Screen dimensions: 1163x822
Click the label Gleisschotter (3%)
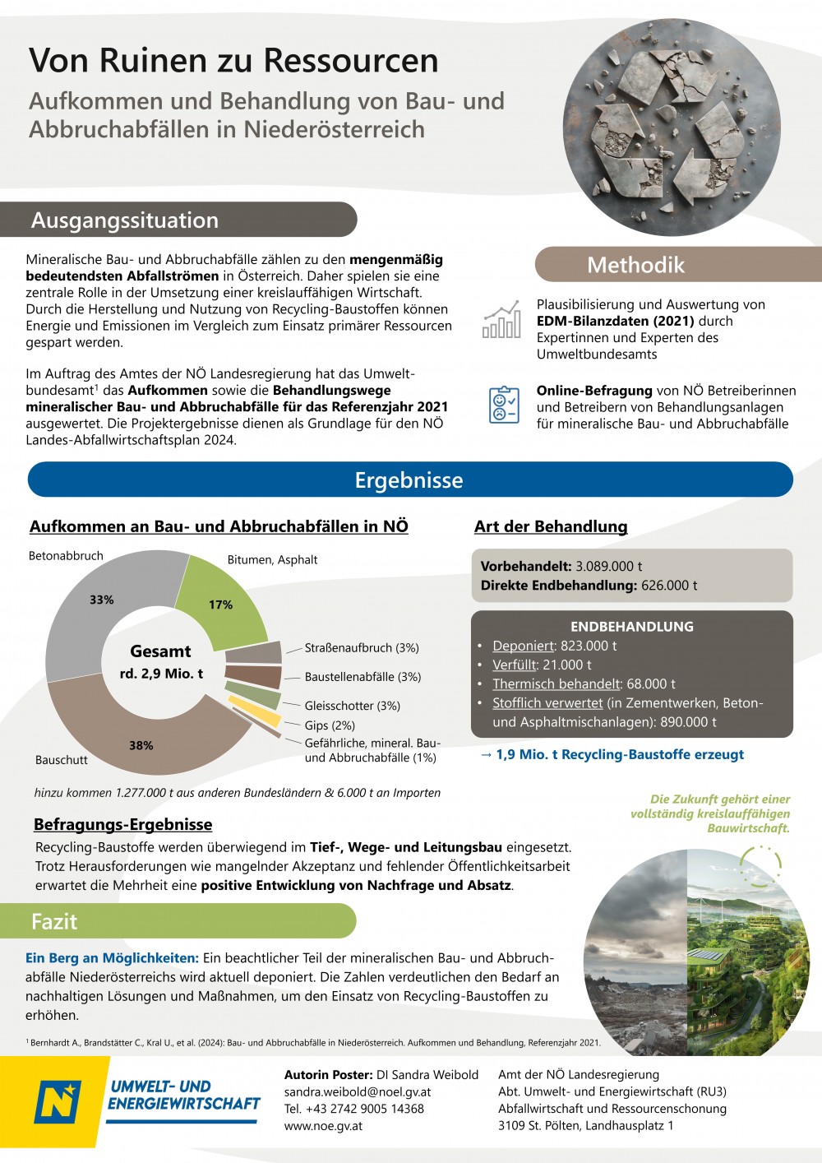pos(352,706)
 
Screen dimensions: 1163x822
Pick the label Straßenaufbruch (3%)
pos(362,648)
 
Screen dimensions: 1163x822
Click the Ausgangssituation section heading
pos(125,220)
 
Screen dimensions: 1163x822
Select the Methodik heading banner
pos(635,265)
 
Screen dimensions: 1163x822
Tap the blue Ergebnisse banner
pos(409,480)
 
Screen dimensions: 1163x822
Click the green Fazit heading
pos(54,921)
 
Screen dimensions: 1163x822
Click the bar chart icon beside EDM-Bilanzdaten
pos(501,320)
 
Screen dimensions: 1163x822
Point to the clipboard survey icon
pos(503,405)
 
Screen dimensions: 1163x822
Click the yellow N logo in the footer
pos(58,1101)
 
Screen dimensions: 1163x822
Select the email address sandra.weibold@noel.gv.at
pos(358,1092)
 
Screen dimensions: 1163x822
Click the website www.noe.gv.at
pos(323,1126)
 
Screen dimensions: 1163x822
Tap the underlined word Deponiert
pos(524,646)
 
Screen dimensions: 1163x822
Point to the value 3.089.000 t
pos(608,567)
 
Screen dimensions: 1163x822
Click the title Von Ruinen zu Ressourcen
pos(234,61)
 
